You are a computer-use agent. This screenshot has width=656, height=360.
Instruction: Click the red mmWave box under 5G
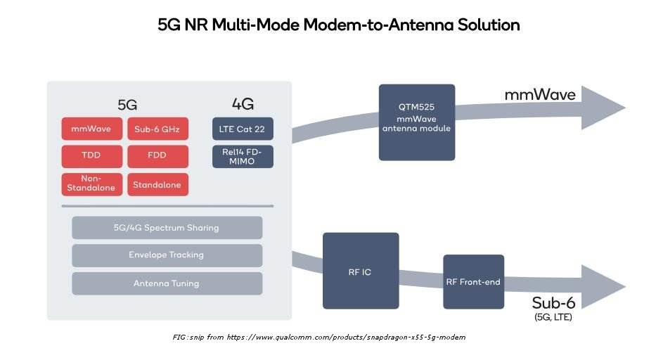click(x=91, y=129)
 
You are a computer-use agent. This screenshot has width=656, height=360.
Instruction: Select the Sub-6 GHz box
click(x=157, y=129)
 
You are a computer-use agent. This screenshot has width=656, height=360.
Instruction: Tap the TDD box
click(x=91, y=156)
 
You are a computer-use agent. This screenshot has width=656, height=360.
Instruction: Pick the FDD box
click(x=157, y=156)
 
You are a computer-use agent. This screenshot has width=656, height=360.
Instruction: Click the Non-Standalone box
click(x=91, y=184)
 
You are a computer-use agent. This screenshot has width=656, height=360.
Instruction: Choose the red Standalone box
click(x=157, y=184)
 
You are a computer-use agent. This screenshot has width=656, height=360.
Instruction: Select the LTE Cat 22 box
click(x=243, y=129)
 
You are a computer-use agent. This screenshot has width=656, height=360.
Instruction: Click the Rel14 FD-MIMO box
click(x=243, y=156)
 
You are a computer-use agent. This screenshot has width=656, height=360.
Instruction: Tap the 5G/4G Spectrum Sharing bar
click(x=167, y=228)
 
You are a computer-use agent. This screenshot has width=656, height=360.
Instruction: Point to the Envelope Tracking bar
click(x=167, y=255)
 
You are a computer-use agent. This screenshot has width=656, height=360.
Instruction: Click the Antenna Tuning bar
click(x=167, y=283)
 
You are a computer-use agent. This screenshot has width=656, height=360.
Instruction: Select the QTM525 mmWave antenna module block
click(x=417, y=122)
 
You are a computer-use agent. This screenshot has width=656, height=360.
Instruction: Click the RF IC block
click(x=361, y=271)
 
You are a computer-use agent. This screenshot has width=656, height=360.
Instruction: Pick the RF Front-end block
click(x=473, y=281)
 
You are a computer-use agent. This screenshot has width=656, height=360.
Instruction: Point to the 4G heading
click(x=243, y=105)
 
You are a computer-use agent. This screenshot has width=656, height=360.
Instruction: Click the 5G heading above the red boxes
click(x=127, y=105)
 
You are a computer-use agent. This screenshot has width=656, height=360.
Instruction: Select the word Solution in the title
click(x=486, y=25)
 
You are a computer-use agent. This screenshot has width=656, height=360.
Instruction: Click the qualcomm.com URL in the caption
click(x=345, y=337)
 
